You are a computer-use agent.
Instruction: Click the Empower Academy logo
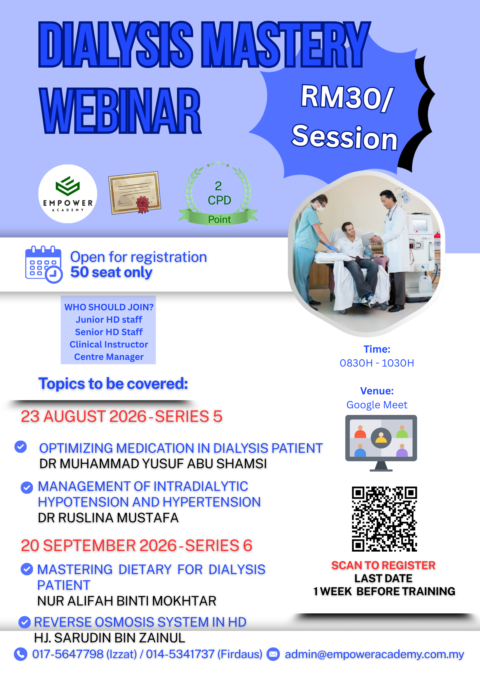68,194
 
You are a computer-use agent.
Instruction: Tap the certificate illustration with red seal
135,193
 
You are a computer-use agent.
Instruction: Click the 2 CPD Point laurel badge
218,193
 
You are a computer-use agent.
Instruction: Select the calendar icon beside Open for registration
44,264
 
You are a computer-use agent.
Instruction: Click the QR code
384,519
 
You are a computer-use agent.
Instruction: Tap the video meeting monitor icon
381,443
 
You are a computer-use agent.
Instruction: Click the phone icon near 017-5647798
21,654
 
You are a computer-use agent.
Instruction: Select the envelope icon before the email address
273,654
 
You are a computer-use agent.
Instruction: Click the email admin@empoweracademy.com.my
374,654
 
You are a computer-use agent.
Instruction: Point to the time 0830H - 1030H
377,363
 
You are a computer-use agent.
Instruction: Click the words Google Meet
377,405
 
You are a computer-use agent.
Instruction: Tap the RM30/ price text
347,98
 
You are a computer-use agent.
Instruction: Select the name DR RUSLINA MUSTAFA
108,518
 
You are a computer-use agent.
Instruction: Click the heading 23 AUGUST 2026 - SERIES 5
122,416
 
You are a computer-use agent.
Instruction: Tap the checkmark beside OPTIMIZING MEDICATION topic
21,447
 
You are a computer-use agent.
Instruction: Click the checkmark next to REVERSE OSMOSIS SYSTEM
24,622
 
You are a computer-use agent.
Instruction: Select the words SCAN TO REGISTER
384,565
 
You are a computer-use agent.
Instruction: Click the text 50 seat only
111,272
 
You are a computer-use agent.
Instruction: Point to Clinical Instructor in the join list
109,344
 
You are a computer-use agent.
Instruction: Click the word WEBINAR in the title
120,110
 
